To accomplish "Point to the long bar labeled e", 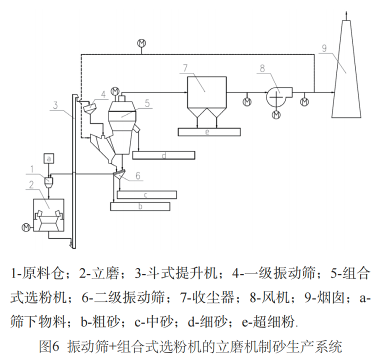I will coord(208,132).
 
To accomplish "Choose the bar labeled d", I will coord(163,155).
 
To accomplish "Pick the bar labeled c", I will coord(146,194).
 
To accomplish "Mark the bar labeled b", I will coord(140,206).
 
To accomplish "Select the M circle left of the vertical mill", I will coord(26,227).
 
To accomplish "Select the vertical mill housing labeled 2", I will coord(49,215).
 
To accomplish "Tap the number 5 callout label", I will coord(147,103).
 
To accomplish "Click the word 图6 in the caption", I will coord(49,345).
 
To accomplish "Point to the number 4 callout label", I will coord(103,93).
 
